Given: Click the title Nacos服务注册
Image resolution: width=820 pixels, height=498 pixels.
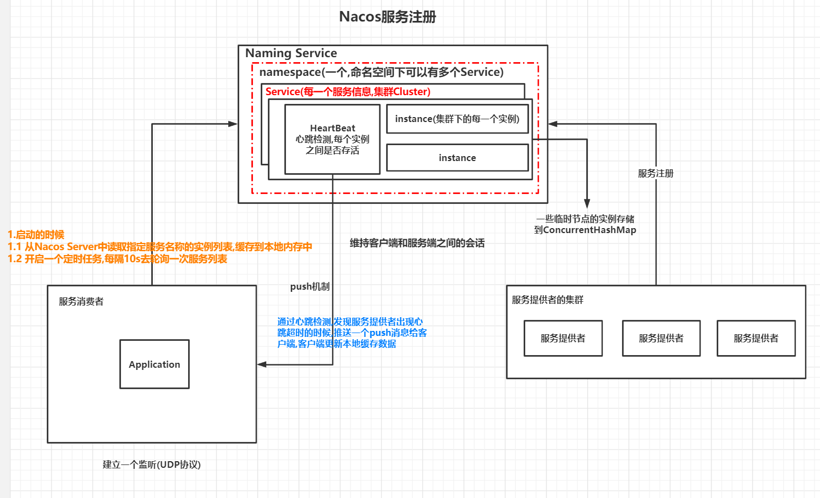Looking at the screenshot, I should click(387, 17).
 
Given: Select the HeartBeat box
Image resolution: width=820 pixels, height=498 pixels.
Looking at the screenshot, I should click(332, 139).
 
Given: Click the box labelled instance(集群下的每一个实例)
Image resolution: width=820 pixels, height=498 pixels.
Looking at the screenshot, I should click(457, 119).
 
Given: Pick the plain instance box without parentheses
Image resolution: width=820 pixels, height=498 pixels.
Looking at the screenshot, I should click(457, 158).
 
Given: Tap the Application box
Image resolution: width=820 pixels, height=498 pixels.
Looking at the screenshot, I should click(155, 364).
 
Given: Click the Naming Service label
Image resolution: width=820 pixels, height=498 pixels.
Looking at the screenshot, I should click(291, 53).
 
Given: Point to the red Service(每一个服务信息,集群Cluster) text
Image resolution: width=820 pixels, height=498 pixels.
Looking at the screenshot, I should click(348, 92).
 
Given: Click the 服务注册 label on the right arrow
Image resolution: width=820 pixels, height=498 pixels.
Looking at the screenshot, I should click(656, 173).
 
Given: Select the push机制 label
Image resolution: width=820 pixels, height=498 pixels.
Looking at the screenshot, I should click(310, 286).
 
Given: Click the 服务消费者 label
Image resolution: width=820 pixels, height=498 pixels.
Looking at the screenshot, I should click(81, 301).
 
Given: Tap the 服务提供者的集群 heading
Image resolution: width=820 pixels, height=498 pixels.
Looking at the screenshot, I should click(547, 300).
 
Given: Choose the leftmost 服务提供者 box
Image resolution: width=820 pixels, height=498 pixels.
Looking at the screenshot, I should click(563, 338).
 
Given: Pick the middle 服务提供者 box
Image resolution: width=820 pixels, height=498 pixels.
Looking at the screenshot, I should click(661, 338).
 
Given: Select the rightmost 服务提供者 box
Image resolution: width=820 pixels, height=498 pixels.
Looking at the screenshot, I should click(756, 338).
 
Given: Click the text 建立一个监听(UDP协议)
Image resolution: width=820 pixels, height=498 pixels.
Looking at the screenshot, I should click(151, 464).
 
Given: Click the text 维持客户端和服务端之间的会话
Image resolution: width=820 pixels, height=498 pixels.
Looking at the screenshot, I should click(417, 243).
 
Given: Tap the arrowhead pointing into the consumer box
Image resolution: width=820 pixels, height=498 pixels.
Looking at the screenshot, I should click(262, 364).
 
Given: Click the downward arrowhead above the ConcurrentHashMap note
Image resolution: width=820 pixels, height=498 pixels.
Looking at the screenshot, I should click(587, 204).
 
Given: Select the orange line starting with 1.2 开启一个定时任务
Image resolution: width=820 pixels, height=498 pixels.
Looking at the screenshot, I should click(117, 259).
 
